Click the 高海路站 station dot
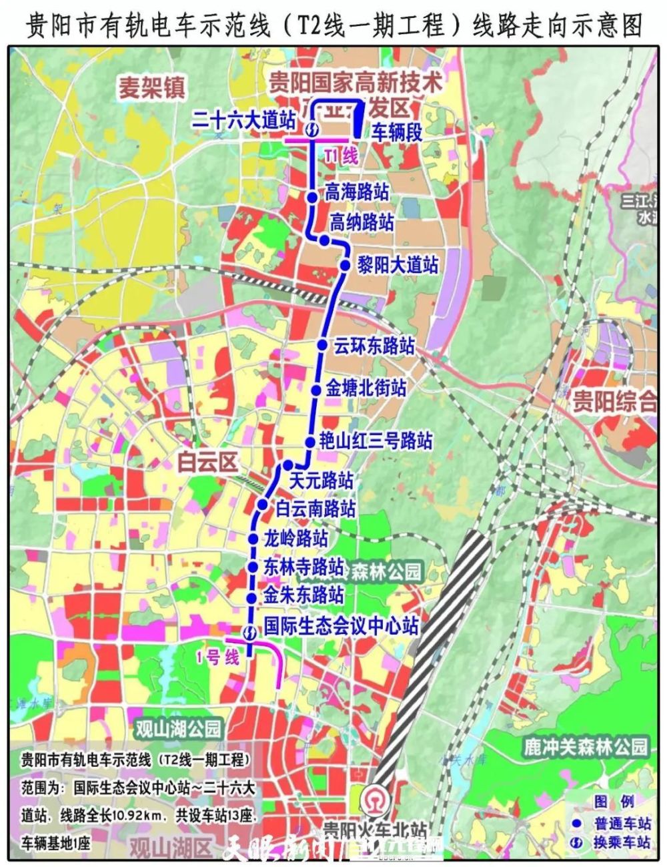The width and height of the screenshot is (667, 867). pos(311,196)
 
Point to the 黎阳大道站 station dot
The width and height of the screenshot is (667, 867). pos(345,265)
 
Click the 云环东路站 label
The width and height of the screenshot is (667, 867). pos(374,346)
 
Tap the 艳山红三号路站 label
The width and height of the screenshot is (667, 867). pos(376,441)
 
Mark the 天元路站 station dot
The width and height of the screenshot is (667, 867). pos(288,465)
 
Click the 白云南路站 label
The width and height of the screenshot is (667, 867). pos(315,509)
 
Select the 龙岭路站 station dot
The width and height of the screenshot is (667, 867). pos(253,539)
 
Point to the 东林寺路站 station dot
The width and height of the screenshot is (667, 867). pos(252,567)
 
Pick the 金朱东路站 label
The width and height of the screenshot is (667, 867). pos(304,593)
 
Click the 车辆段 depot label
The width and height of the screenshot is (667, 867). pos(398,131)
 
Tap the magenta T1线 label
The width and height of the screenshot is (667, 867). pos(341,157)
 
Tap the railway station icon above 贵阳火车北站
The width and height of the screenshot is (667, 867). pos(372,800)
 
